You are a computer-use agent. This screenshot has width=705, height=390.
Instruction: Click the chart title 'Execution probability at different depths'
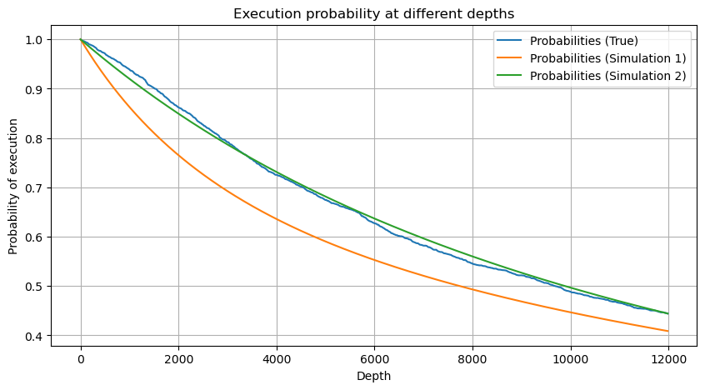373,13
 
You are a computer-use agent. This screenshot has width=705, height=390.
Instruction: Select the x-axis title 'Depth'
373,376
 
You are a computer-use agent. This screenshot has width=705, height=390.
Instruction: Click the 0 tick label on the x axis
81,358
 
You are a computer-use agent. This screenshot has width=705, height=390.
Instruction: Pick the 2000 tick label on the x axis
178,358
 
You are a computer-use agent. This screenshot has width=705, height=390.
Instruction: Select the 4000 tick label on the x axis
277,358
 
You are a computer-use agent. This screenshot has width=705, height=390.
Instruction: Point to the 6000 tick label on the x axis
374,358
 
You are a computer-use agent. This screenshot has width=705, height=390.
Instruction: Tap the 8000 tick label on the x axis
472,358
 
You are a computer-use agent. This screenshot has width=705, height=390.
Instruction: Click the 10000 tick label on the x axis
570,358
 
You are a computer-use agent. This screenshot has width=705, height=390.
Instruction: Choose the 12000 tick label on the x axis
668,358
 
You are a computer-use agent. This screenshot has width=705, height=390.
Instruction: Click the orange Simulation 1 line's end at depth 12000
667,331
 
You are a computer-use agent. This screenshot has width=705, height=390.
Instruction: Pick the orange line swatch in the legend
511,58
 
